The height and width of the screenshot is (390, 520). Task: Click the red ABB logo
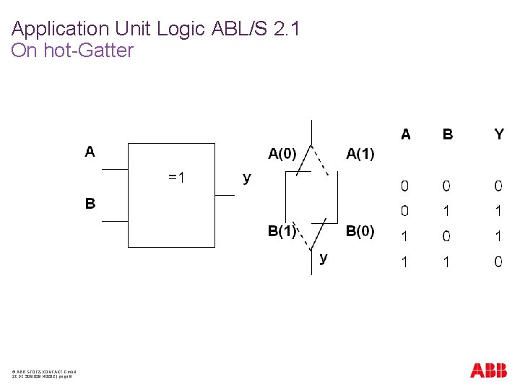[x=488, y=370]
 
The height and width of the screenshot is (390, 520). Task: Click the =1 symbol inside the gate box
[x=176, y=177]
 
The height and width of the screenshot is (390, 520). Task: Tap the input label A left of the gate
[x=90, y=152]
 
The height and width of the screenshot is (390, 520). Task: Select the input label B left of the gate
[x=90, y=204]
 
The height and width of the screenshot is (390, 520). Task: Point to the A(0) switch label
[x=282, y=153]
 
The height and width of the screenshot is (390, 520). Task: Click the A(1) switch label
[x=360, y=153]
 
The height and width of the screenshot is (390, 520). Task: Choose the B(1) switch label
[x=282, y=231]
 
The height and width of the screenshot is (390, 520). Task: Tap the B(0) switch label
[x=360, y=231]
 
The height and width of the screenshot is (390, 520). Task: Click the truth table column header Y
[x=499, y=134]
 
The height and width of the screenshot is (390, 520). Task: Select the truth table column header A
[x=406, y=134]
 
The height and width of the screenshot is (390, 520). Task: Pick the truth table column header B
[x=448, y=134]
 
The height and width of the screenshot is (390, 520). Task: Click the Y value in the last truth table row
[x=498, y=261]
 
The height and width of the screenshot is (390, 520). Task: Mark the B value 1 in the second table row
[x=447, y=211]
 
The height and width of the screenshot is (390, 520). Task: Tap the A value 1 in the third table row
[x=404, y=236]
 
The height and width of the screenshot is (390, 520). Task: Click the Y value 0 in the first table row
[x=498, y=186]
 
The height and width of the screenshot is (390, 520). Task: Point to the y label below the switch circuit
[x=324, y=257]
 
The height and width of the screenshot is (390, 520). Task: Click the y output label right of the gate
[x=247, y=178]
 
